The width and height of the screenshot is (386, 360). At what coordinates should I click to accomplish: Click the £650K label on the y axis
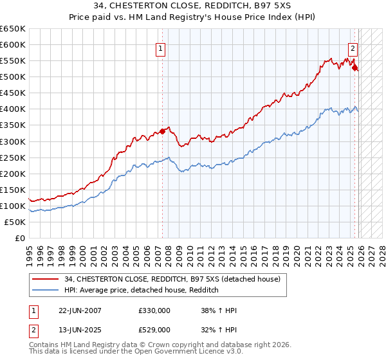point(13,29)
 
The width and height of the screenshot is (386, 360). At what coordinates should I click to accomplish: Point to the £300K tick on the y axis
point(13,141)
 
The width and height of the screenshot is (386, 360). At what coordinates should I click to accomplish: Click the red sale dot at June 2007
point(163,131)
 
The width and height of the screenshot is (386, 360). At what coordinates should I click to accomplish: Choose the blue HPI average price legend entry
point(142,290)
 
